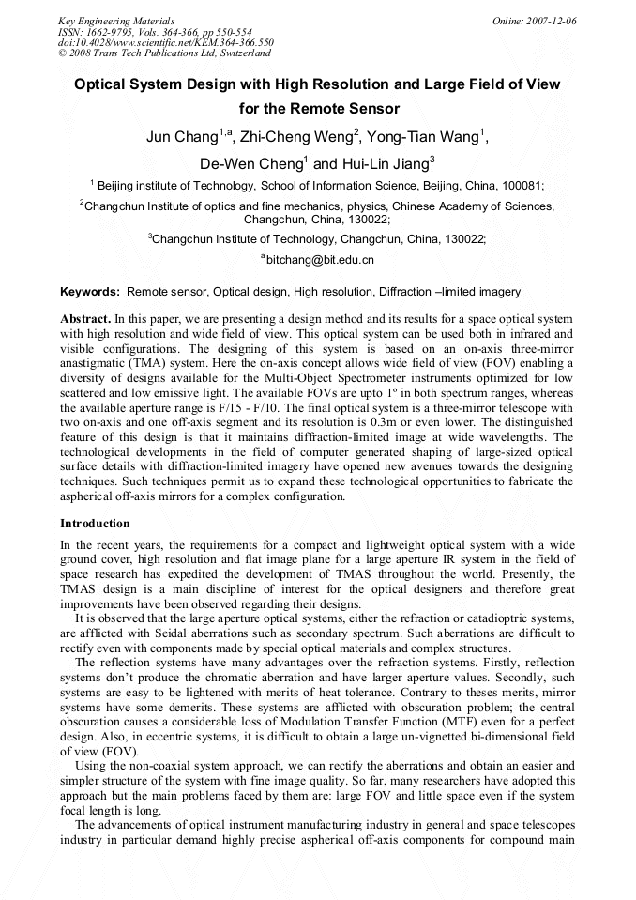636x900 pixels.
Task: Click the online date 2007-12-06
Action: pyautogui.click(x=550, y=21)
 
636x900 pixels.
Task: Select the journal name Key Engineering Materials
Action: pyautogui.click(x=116, y=21)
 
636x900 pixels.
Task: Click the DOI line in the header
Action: pyautogui.click(x=165, y=42)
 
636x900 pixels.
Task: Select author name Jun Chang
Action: pyautogui.click(x=182, y=138)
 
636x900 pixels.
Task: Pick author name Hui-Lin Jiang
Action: pyautogui.click(x=381, y=163)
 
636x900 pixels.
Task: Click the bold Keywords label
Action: pyautogui.click(x=89, y=292)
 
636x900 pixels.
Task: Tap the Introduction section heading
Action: pyautogui.click(x=95, y=524)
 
